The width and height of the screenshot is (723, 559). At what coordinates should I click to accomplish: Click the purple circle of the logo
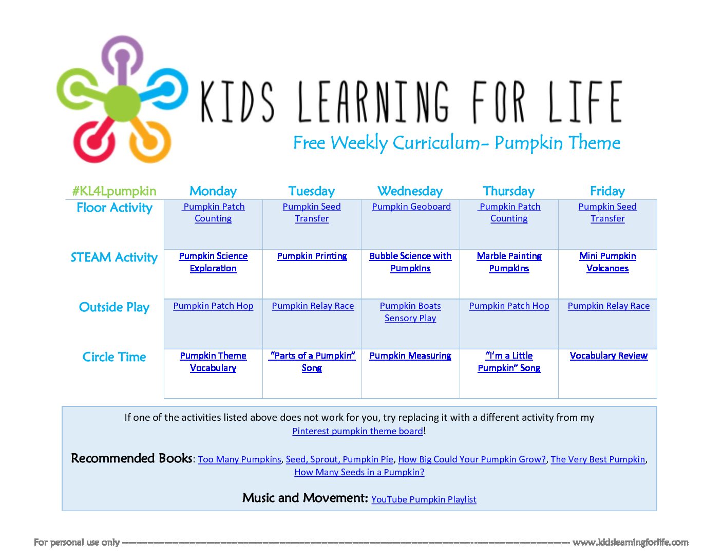[122, 42]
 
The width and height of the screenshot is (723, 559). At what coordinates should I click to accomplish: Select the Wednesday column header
[410, 191]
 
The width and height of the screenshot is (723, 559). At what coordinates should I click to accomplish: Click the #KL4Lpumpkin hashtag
[114, 192]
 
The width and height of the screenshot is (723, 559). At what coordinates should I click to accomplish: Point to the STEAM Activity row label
[114, 258]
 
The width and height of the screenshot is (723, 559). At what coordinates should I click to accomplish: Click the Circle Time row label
[114, 357]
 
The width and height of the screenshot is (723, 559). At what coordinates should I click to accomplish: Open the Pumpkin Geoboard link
[411, 207]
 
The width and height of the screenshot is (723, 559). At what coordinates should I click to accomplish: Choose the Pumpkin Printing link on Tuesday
[312, 256]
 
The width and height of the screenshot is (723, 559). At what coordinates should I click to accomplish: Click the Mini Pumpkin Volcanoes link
[607, 262]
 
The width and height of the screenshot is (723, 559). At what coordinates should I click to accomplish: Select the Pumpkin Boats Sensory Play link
[410, 312]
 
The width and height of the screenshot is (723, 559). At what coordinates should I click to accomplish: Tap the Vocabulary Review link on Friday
[608, 356]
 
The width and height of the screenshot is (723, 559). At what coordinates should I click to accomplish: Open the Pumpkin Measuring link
[410, 356]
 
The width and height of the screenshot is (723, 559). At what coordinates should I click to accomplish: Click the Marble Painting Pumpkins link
[509, 262]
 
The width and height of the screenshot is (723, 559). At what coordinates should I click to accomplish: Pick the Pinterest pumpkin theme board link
[358, 431]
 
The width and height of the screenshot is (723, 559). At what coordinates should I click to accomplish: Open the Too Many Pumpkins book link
[240, 459]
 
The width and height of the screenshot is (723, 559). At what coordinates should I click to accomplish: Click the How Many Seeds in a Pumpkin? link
[359, 472]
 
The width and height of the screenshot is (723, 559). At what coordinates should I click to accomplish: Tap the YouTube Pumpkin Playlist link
[424, 499]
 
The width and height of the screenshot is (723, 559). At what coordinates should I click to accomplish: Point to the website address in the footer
[630, 543]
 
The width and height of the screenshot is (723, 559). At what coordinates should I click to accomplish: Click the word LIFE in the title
[584, 102]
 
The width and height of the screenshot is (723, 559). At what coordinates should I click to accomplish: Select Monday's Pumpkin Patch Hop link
[213, 306]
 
